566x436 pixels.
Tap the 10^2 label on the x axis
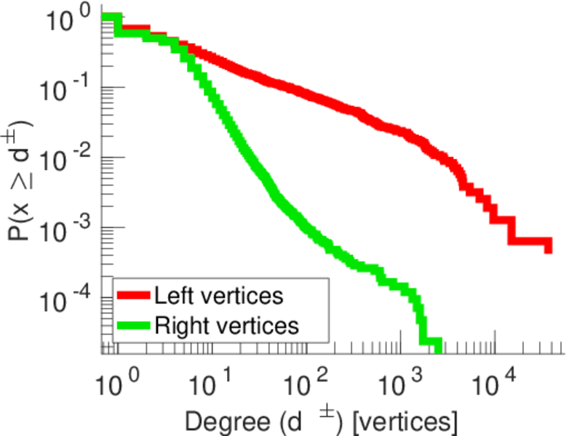point(301,381)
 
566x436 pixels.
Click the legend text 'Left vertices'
point(218,296)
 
